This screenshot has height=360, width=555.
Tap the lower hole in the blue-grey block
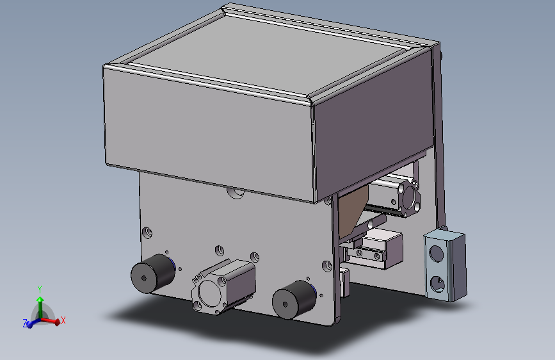point(437,282)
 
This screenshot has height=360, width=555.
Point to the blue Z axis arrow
point(31,324)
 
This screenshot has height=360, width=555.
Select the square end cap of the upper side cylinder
point(409,197)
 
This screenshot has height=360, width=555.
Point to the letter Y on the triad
point(40,289)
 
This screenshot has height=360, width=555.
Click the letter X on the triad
point(63,320)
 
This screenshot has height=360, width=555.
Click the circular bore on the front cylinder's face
point(211,294)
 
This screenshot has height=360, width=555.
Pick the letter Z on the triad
point(25,324)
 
